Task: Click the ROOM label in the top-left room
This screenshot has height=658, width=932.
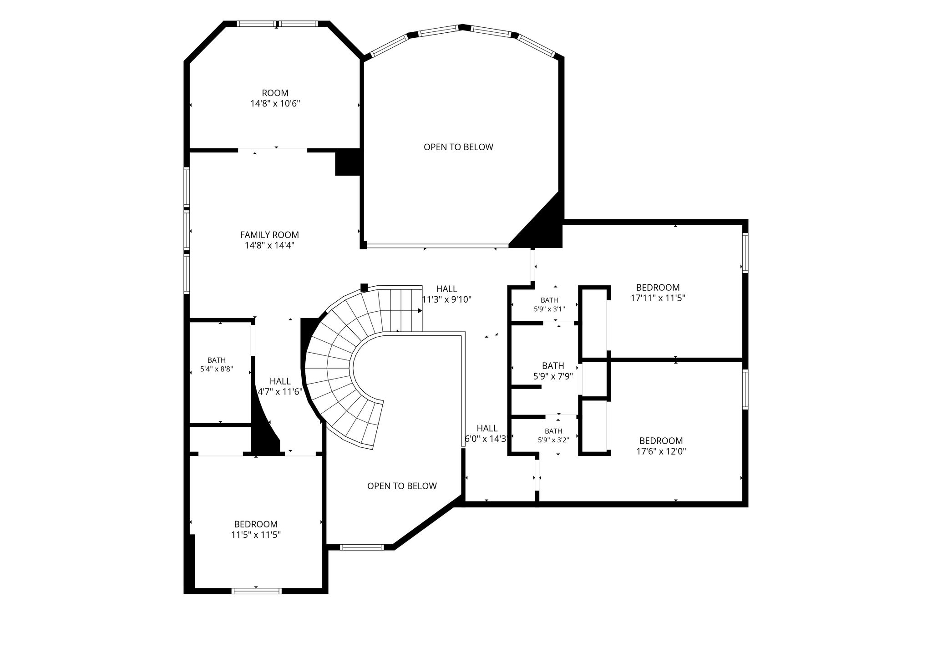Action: (275, 93)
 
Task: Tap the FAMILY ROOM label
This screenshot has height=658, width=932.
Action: (269, 235)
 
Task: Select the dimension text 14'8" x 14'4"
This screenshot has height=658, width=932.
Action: (269, 245)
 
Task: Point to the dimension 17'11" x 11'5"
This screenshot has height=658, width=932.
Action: (658, 298)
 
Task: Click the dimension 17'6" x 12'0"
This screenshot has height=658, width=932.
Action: (661, 451)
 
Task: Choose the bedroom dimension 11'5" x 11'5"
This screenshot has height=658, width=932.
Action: (256, 535)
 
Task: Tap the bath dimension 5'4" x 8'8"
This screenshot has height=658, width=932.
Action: (217, 369)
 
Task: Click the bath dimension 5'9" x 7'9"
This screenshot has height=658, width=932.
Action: (553, 376)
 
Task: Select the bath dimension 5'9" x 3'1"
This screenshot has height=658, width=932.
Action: (549, 309)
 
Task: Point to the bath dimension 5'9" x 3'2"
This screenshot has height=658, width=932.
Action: (553, 440)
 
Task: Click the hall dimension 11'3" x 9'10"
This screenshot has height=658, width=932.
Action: (447, 299)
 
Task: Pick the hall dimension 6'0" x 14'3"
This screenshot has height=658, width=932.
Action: (486, 439)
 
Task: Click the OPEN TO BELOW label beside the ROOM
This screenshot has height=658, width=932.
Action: (458, 147)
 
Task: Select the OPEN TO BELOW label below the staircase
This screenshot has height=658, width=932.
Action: (402, 486)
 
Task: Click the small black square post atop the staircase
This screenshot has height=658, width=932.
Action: (364, 288)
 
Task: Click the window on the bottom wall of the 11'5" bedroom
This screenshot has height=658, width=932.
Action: (256, 591)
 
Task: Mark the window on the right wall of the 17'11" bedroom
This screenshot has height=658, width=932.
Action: (745, 253)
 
